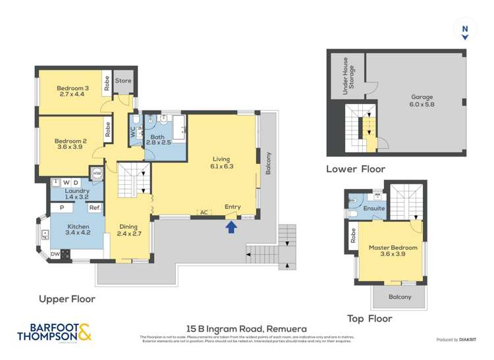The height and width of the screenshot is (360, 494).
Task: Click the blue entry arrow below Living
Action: click(230, 227)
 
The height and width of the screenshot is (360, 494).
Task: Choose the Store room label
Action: click(123, 81)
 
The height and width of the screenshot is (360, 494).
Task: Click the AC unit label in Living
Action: click(204, 212)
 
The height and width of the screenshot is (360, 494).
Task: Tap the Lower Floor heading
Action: click(356, 169)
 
